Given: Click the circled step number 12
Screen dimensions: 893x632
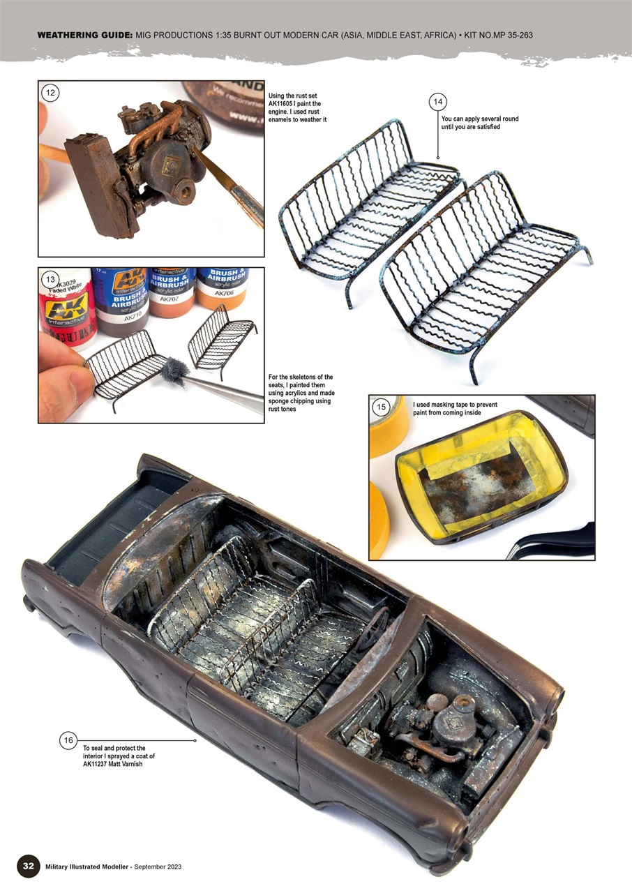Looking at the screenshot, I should [x=50, y=92].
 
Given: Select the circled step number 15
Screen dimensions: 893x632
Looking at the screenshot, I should [x=381, y=407].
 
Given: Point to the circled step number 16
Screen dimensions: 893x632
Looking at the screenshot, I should [x=68, y=740].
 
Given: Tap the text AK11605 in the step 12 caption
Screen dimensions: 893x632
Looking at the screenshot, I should [x=285, y=104].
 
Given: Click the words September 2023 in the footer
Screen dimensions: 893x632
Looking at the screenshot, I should [x=158, y=866].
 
